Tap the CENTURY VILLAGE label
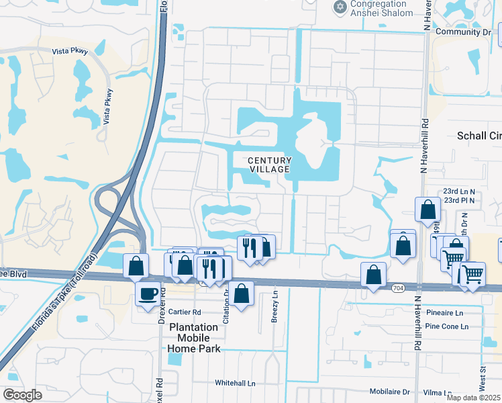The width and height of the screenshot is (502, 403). [x=270, y=165]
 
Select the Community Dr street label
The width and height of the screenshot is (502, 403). [x=462, y=32]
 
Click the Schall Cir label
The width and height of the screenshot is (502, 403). [x=479, y=136]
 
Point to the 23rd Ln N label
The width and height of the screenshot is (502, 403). [x=458, y=191]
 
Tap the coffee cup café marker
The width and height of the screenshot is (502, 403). [x=148, y=294]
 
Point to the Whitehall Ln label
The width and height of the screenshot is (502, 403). [x=235, y=383]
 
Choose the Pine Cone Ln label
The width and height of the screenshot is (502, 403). [x=446, y=326]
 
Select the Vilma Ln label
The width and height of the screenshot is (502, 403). [x=438, y=392]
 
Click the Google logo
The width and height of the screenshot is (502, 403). [x=22, y=395]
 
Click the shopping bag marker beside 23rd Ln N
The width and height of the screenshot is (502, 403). [x=428, y=210]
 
